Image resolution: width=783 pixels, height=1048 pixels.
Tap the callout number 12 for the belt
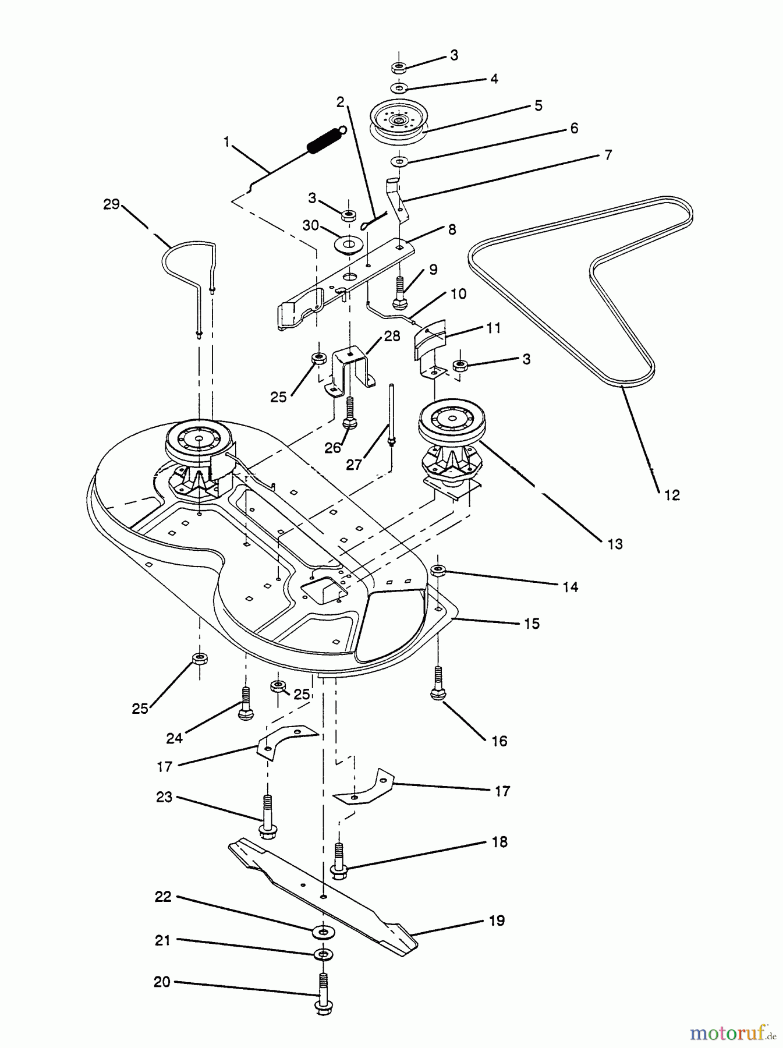point(671,495)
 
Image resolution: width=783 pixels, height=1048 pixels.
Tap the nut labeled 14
point(438,570)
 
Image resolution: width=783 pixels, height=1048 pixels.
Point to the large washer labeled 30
point(348,243)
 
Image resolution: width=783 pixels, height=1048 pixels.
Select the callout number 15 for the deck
point(531,624)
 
